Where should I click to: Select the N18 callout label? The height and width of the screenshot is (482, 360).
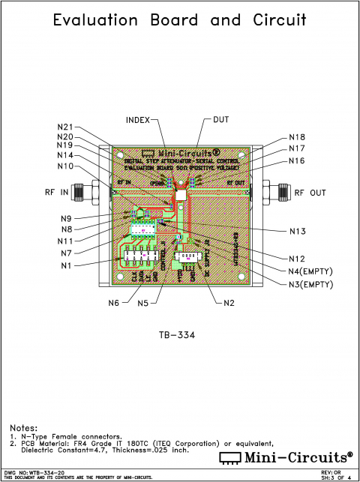coord(298,138)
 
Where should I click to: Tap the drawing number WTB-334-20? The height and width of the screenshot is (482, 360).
coord(37,472)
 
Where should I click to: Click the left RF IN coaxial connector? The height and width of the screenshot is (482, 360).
coord(84,192)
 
